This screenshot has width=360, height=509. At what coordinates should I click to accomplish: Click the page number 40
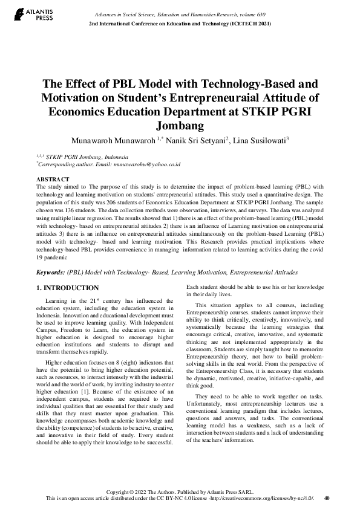327,498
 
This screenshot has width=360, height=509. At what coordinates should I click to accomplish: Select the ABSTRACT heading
53,180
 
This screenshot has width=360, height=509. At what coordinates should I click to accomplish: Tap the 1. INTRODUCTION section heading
67,288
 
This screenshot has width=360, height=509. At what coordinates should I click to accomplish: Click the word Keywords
50,273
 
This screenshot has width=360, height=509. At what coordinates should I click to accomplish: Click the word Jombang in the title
180,126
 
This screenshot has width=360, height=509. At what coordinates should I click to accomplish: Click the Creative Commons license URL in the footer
269,498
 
